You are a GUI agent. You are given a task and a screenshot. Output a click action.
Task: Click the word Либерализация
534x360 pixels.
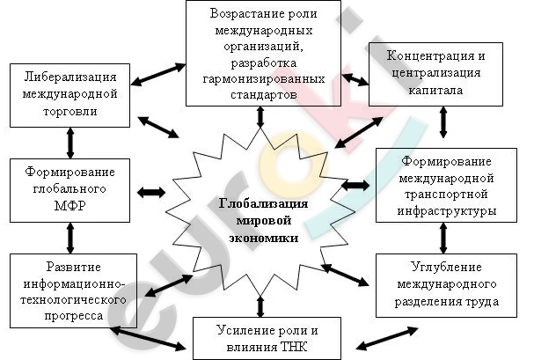click(70, 77)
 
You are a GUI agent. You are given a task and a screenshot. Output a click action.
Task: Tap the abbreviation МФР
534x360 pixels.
click(69, 205)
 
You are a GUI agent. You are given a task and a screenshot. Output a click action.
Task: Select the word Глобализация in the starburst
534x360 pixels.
click(263, 203)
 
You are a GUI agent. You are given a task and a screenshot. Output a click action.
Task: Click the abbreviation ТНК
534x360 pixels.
click(295, 347)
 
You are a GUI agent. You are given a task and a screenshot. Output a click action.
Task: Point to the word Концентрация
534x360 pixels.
click(430, 55)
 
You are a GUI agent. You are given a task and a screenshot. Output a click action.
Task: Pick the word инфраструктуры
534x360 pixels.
click(447, 211)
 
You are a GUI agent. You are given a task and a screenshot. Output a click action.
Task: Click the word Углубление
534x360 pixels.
click(446, 267)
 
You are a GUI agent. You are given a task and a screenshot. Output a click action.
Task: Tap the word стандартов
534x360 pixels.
click(264, 94)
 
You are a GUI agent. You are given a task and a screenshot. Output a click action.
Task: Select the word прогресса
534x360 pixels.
click(74, 316)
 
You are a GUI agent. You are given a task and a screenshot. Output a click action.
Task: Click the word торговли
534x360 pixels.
click(70, 111)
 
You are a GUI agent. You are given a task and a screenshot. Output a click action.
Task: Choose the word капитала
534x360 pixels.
click(435, 90)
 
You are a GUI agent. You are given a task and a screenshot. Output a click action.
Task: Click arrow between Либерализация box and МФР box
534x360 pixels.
click(70, 143)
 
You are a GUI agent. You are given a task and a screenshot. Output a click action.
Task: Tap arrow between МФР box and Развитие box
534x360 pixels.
click(70, 238)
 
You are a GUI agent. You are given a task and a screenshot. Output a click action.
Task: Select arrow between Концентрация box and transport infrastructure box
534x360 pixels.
click(443, 122)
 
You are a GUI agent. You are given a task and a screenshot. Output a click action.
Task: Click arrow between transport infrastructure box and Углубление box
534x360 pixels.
click(443, 238)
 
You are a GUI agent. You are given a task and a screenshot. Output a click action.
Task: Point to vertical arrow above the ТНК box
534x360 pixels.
click(260, 306)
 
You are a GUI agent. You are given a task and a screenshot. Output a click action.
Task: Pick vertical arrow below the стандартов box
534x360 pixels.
click(260, 117)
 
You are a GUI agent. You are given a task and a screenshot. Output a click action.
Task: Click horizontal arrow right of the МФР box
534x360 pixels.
click(151, 192)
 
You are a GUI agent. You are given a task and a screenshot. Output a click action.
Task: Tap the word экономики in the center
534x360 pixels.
click(264, 238)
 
